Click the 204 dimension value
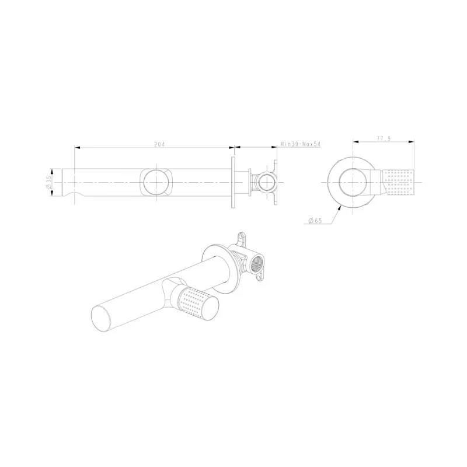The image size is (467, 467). coord(159,144)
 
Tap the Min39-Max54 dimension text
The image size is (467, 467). coord(301,144)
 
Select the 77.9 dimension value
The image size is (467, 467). coord(384,138)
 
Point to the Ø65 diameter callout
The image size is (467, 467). coord(315,221)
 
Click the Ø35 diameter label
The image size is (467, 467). coord(49,182)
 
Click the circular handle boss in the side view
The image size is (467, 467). coord(156,182)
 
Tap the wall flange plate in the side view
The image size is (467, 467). coord(233,182)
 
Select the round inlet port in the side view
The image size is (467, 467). coord(266,183)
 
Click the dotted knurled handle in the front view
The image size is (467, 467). coord(398,182)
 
